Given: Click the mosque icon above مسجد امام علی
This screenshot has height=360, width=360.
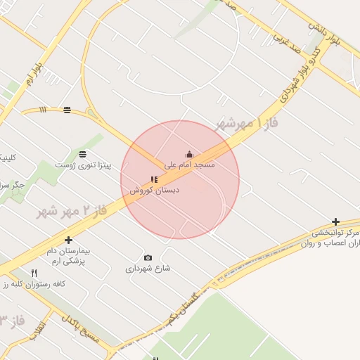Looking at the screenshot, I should (x=188, y=155).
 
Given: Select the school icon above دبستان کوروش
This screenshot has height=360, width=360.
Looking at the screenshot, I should (x=154, y=180).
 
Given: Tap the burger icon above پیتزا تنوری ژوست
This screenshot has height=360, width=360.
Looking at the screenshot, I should (x=83, y=154).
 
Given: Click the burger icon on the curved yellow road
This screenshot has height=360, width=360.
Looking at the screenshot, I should (x=67, y=110).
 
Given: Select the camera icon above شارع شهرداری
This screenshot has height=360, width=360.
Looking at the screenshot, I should (x=148, y=258).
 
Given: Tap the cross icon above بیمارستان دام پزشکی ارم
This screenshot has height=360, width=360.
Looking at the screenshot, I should (x=68, y=240).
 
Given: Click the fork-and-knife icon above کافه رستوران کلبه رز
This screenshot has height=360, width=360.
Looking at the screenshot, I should (x=34, y=273).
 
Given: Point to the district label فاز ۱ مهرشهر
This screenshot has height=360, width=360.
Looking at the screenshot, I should (x=245, y=124).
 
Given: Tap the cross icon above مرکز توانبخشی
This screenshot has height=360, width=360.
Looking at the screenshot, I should (x=335, y=222).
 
